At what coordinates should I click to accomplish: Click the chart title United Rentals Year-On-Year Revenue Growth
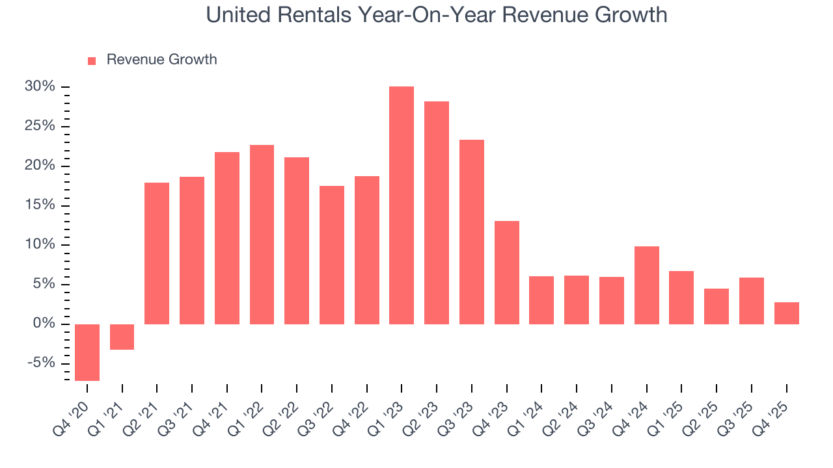pyautogui.click(x=437, y=15)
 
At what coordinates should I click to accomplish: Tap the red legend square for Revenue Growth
pyautogui.click(x=92, y=60)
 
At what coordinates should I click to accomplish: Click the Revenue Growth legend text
pyautogui.click(x=161, y=60)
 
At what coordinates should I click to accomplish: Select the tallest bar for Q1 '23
pyautogui.click(x=402, y=205)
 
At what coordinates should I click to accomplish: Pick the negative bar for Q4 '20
pyautogui.click(x=87, y=352)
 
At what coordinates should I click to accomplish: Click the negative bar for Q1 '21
pyautogui.click(x=122, y=337)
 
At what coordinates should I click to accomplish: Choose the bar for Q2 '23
pyautogui.click(x=437, y=213)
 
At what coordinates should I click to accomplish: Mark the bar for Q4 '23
pyautogui.click(x=507, y=272)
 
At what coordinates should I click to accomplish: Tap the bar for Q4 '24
pyautogui.click(x=647, y=285)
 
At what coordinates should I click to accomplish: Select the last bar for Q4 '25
pyautogui.click(x=787, y=313)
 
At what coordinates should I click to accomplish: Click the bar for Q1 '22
pyautogui.click(x=262, y=234)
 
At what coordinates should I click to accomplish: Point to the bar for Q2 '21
pyautogui.click(x=157, y=253)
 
